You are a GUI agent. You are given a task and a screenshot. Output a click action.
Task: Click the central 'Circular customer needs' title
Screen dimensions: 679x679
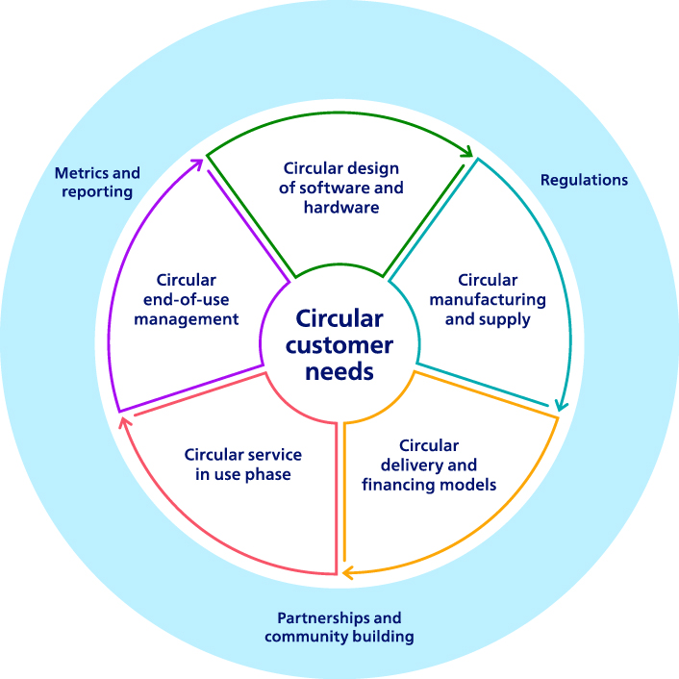[339, 344]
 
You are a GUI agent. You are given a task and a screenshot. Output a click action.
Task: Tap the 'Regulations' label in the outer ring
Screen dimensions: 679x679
[584, 180]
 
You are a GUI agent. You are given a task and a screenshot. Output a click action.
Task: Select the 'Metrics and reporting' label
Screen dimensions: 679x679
[97, 182]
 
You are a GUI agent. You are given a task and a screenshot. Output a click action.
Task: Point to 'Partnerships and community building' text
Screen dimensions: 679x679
[339, 627]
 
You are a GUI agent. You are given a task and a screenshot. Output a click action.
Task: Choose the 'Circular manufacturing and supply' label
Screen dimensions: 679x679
[488, 299]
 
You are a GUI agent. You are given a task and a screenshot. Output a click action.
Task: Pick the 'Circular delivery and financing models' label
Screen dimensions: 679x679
[429, 465]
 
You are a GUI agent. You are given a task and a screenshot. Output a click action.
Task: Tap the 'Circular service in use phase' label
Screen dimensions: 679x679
[243, 465]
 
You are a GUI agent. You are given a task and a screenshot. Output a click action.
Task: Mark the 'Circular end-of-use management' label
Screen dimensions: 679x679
[186, 299]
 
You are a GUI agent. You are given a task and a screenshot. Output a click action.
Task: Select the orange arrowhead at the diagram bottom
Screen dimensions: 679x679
[348, 574]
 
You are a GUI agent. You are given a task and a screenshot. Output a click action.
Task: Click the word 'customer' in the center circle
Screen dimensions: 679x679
[339, 344]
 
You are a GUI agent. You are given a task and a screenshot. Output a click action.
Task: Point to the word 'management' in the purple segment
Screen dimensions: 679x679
[186, 318]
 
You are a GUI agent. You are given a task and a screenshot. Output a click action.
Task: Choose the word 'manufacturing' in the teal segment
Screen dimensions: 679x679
[488, 299]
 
